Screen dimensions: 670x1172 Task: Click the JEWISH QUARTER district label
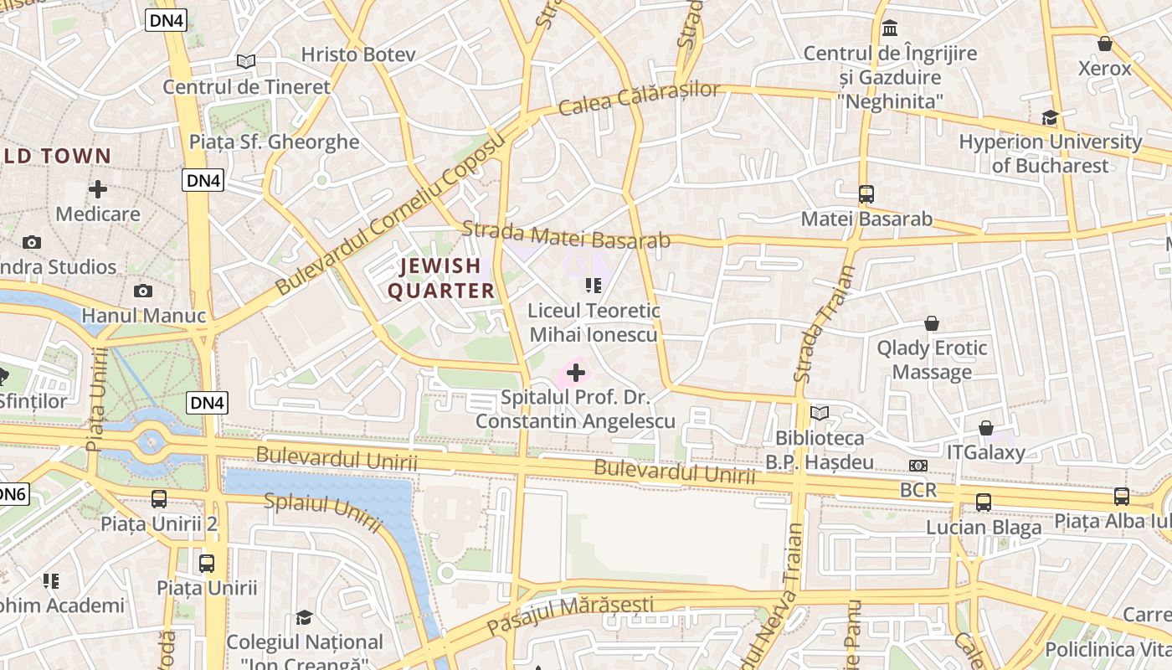[x=440, y=278]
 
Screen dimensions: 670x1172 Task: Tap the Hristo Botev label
[x=358, y=54]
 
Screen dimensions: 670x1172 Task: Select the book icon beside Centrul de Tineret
[x=245, y=61]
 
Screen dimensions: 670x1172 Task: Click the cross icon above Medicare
[x=98, y=189]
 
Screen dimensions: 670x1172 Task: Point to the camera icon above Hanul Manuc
[x=143, y=291]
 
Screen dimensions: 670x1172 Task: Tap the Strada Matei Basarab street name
[x=566, y=234]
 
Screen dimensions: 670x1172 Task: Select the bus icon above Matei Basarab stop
[x=866, y=194]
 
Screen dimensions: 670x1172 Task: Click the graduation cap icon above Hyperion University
[x=1050, y=117]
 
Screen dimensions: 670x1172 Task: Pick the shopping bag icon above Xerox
[x=1105, y=44]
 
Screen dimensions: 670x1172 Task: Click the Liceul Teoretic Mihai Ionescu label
[x=594, y=322]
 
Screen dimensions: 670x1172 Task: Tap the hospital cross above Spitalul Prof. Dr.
[x=576, y=372]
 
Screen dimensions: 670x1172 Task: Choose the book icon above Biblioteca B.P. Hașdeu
[x=820, y=413]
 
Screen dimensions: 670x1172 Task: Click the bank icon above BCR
[x=918, y=466]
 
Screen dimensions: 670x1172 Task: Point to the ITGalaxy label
[x=985, y=452]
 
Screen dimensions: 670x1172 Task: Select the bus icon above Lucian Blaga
[x=984, y=502]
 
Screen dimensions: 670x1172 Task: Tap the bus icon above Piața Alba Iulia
[x=1122, y=497]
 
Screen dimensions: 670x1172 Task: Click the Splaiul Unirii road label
[x=323, y=513]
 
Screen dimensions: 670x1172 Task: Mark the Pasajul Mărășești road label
[x=570, y=615]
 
